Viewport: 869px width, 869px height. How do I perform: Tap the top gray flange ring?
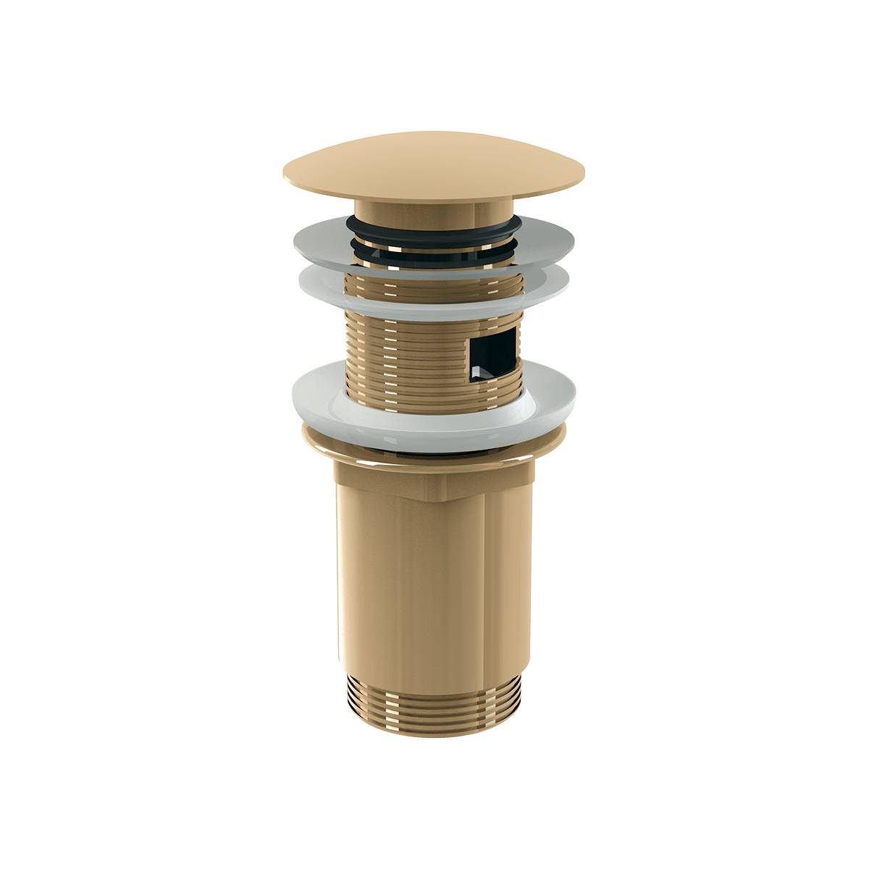pyautogui.click(x=319, y=239)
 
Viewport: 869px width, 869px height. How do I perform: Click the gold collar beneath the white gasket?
pyautogui.click(x=434, y=453)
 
